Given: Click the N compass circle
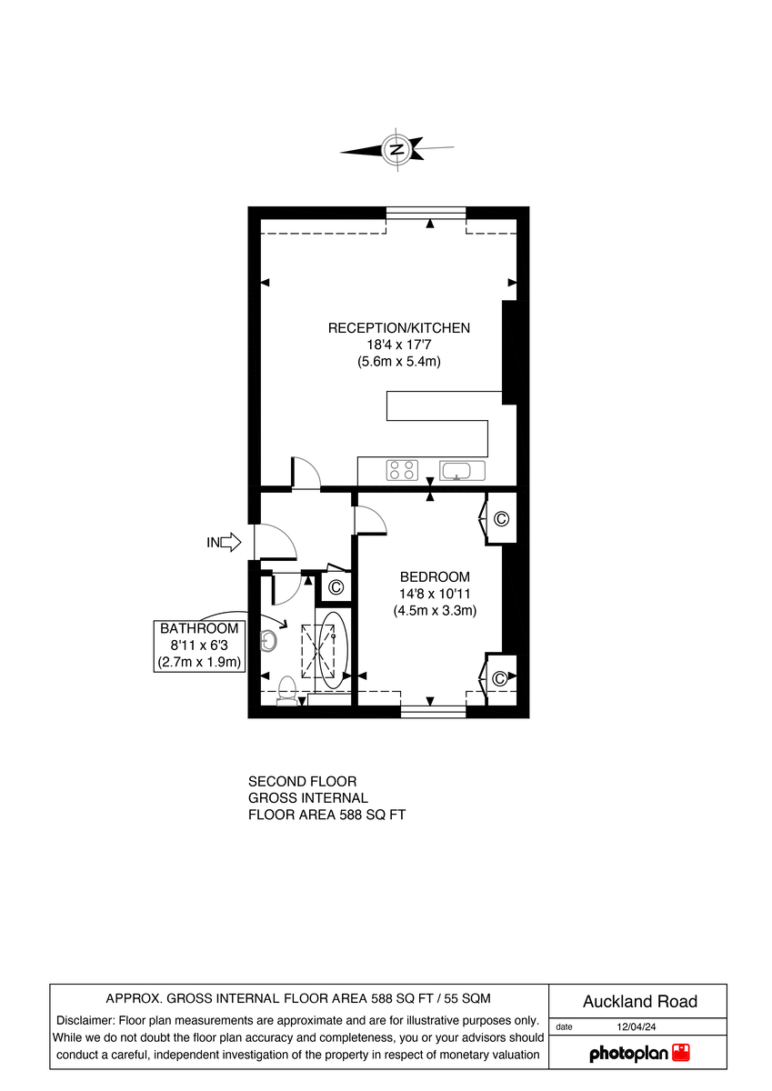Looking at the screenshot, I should point(396,148).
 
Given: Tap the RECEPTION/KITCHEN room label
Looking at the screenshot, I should point(399,328).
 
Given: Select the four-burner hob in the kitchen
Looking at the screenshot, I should point(401,470).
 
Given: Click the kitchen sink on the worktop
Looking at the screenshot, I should point(463,470).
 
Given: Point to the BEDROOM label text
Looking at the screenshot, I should point(436,576).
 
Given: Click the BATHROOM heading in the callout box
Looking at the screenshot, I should point(199,628).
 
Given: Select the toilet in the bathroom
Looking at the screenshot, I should point(287,689).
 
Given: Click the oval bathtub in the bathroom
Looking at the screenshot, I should point(333,649).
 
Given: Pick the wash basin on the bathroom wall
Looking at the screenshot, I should point(268,641).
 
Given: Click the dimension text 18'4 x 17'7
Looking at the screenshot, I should point(399,345).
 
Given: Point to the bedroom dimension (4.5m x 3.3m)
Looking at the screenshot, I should point(436,611).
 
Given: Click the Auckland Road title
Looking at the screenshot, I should point(640,1001).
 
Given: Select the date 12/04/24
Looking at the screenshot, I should point(637,1026).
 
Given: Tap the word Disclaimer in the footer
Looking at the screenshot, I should point(85,1020).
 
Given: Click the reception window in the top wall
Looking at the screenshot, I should point(426,214).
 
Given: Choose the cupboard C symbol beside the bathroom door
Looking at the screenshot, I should point(336,587).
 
